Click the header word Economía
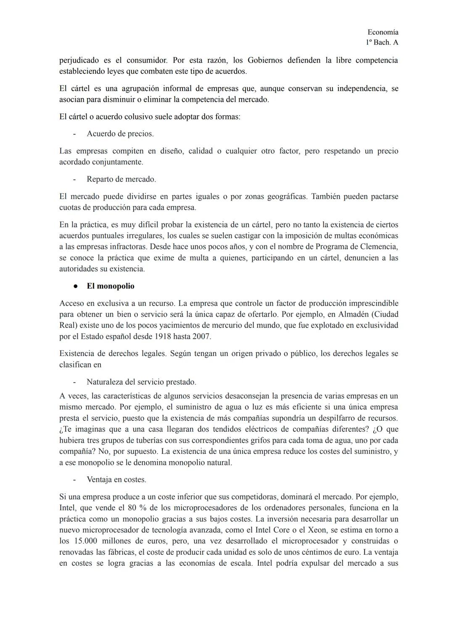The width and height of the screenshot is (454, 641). point(383,32)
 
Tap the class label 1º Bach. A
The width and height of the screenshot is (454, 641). point(382,42)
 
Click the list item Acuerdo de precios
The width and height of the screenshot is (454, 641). point(120,134)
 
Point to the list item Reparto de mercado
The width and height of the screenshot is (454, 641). point(121,179)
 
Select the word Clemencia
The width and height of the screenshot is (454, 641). point(380,247)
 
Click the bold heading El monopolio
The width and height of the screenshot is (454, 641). point(111,286)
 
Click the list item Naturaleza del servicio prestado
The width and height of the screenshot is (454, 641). point(141,382)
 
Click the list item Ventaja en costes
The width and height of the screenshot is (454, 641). point(116,479)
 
